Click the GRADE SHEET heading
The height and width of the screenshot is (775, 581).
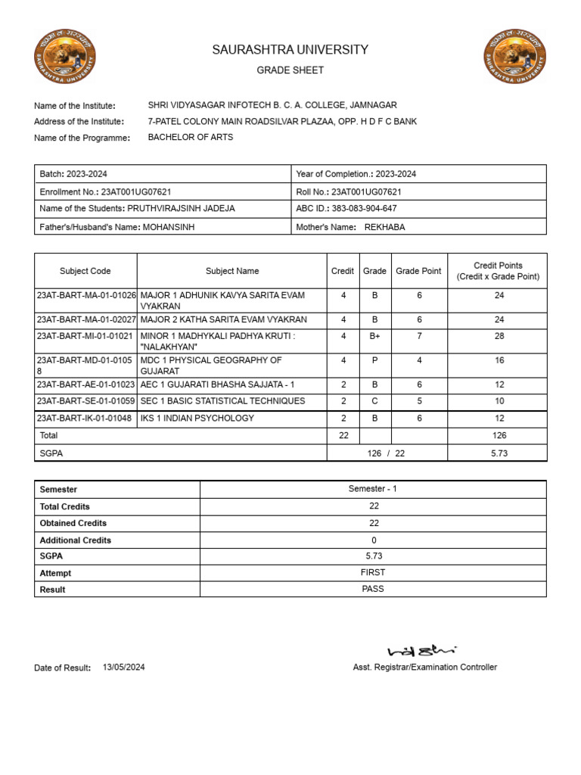290,70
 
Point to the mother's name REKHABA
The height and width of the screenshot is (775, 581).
385,227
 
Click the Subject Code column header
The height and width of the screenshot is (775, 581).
85,271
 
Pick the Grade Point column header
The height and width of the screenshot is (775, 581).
418,271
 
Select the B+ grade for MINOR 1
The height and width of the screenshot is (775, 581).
374,336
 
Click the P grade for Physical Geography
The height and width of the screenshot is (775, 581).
374,361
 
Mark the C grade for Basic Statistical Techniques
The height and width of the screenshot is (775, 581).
374,401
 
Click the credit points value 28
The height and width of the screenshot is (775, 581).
499,336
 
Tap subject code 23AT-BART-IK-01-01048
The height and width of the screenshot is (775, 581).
84,419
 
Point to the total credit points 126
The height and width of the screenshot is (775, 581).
499,436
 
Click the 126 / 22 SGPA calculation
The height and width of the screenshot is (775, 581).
387,453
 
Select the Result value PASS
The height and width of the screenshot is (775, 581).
373,589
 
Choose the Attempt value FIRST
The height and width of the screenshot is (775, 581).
373,572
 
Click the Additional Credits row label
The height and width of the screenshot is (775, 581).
76,540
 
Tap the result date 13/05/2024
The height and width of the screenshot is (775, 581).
123,668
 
